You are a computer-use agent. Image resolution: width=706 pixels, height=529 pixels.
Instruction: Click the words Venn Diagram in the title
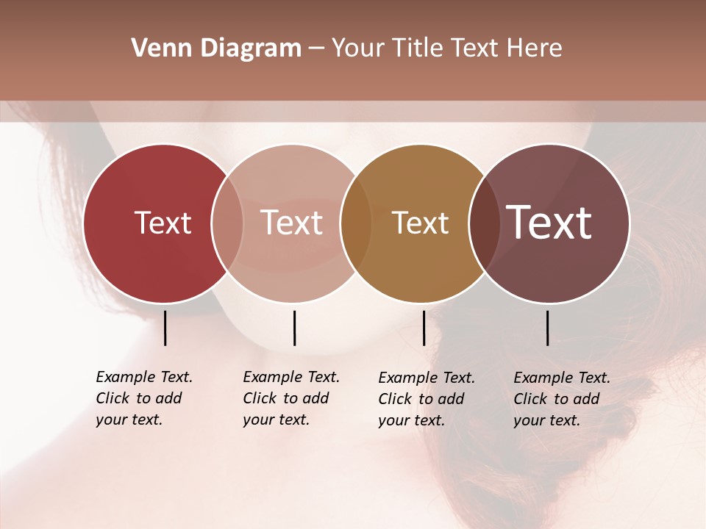click(x=216, y=48)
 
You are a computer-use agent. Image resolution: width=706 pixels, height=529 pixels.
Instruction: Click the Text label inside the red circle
click(x=163, y=223)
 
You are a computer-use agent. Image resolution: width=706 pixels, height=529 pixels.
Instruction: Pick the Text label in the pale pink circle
click(x=292, y=223)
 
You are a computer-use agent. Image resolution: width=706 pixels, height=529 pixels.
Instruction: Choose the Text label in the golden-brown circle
click(x=420, y=223)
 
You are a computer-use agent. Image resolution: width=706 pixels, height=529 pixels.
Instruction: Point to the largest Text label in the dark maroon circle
click(x=549, y=222)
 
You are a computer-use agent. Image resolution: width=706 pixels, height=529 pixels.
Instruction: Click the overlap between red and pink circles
click(x=227, y=223)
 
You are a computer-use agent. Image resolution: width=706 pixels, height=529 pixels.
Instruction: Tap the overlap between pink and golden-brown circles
click(x=356, y=223)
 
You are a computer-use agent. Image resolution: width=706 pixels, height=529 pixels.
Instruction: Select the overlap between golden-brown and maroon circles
click(x=483, y=223)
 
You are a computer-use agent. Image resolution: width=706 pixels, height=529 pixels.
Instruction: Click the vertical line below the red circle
click(x=165, y=328)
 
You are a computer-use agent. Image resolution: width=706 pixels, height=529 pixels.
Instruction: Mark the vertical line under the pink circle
click(x=294, y=328)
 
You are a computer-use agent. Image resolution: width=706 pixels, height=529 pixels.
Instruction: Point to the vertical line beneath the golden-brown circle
click(x=424, y=328)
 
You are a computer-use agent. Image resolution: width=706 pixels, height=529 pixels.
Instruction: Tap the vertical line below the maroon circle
click(x=548, y=328)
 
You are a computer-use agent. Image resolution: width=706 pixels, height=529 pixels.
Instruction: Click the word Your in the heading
click(x=357, y=48)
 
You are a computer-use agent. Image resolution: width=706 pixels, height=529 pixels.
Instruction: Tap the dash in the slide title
click(x=315, y=49)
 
